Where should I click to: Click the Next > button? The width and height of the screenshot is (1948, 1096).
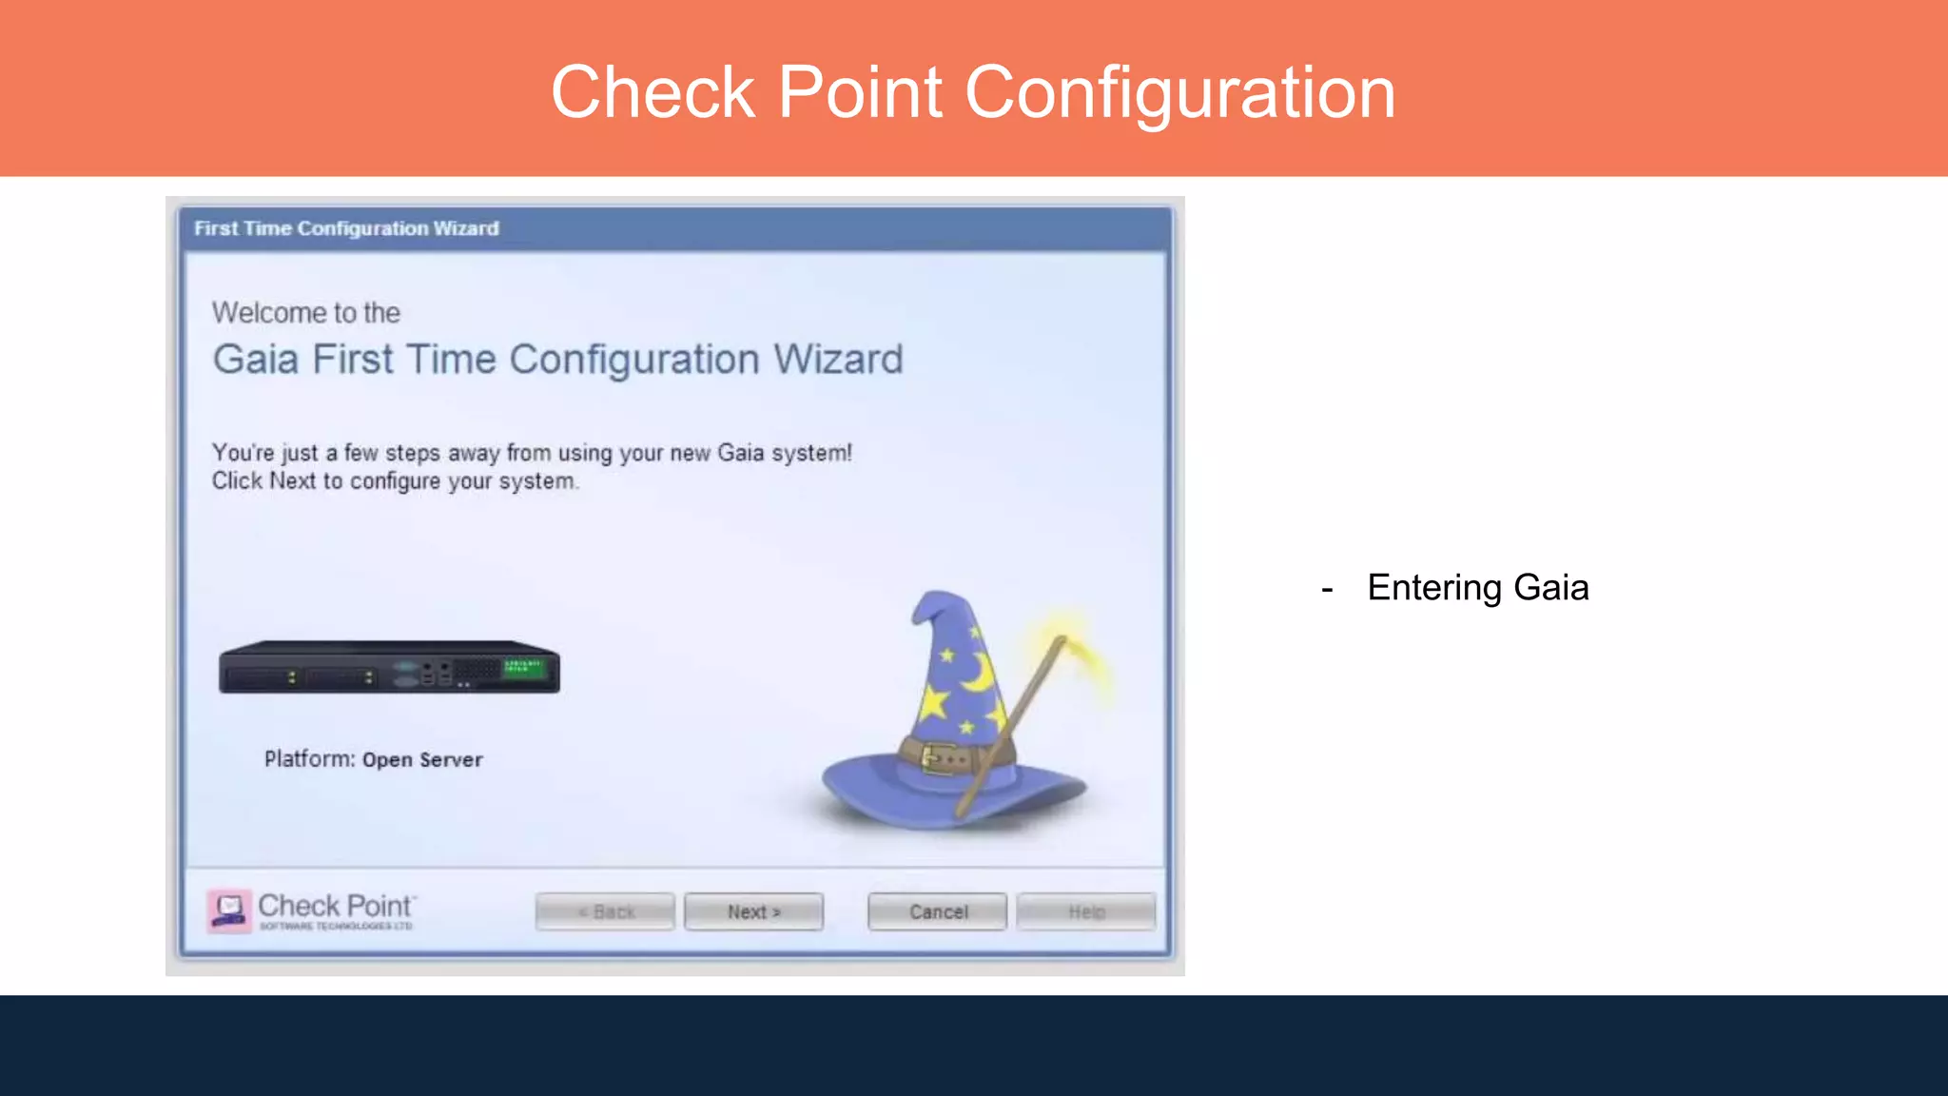tap(753, 911)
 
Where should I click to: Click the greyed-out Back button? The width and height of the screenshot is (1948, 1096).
tap(605, 911)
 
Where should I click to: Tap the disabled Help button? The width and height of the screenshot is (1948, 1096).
tap(1085, 911)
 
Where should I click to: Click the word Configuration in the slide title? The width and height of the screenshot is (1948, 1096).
tap(1179, 92)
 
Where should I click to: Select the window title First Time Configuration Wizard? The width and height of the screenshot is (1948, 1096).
tap(346, 228)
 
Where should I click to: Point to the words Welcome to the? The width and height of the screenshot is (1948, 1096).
tap(305, 312)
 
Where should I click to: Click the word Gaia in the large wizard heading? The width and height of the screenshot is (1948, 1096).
tap(255, 360)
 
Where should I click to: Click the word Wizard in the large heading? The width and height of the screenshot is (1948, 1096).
tap(837, 360)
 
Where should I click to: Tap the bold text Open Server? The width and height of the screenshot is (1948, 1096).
tap(422, 760)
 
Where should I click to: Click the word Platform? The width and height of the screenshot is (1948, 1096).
tap(309, 759)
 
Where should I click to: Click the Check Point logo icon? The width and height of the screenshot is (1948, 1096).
tap(229, 910)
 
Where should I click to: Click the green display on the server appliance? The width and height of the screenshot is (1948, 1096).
tap(524, 667)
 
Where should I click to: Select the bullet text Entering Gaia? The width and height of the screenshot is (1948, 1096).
tap(1477, 588)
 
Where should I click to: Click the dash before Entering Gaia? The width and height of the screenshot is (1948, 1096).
tap(1327, 590)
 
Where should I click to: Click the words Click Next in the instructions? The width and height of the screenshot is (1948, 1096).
tap(263, 481)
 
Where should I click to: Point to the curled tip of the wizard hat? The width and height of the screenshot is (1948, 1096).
tap(923, 609)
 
